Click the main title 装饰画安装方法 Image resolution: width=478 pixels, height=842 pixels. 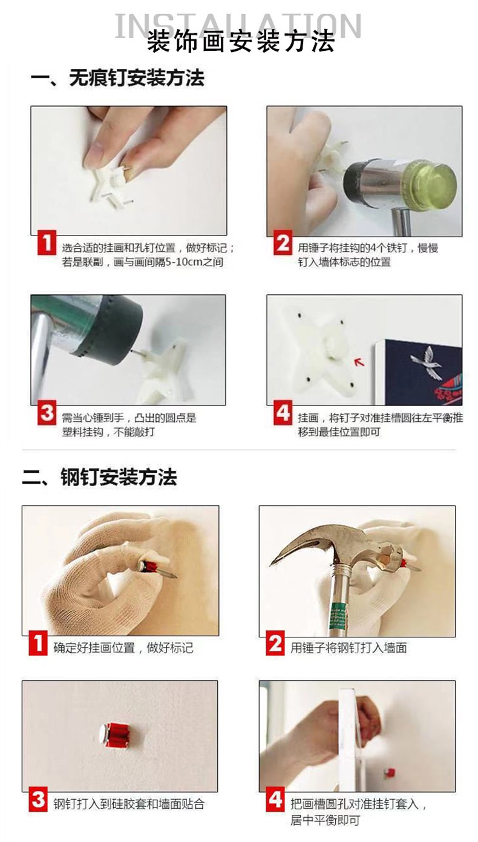[x=240, y=41]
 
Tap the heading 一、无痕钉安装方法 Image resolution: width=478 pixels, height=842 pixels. [x=117, y=78]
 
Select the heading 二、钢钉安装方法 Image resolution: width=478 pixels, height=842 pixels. [x=100, y=477]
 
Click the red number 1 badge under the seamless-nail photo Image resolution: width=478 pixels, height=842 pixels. [x=47, y=243]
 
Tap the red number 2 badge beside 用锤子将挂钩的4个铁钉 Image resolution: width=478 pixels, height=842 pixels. [x=283, y=243]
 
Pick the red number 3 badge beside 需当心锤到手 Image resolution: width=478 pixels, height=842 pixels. [x=47, y=412]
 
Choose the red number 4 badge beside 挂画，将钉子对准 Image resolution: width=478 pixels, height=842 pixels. [x=283, y=412]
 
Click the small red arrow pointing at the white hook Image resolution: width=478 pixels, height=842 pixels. [x=359, y=361]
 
